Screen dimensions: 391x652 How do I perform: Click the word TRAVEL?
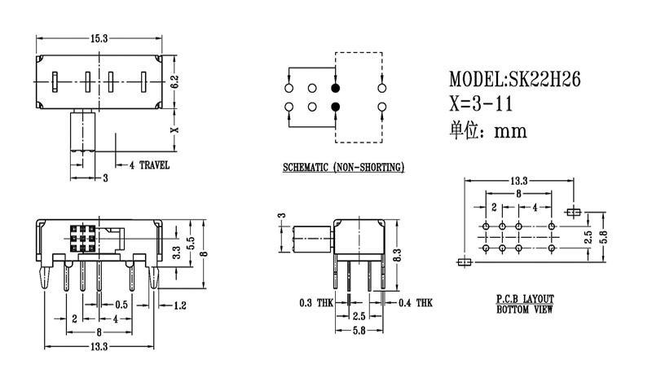pyautogui.click(x=154, y=165)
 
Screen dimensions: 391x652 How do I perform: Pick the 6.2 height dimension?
pyautogui.click(x=174, y=81)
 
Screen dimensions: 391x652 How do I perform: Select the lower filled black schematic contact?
pyautogui.click(x=335, y=107)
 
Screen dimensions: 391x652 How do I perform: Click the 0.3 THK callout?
pyautogui.click(x=316, y=303)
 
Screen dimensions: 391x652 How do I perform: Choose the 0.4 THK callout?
pyautogui.click(x=416, y=303)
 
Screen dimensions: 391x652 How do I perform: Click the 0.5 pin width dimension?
pyautogui.click(x=121, y=304)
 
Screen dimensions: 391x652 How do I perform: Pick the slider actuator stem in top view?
pyautogui.click(x=83, y=132)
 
